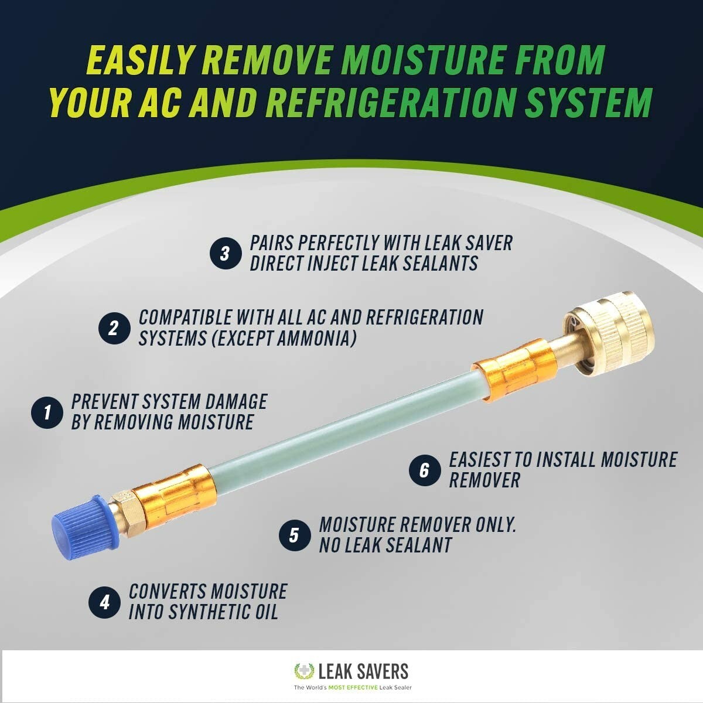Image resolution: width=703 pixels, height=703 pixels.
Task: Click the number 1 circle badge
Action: click(47, 412)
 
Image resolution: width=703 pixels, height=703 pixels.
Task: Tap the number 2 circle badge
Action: click(114, 328)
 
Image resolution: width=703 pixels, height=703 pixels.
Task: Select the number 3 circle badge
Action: click(226, 254)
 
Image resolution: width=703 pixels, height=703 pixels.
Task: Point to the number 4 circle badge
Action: click(104, 602)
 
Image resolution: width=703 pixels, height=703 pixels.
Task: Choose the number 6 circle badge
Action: click(424, 470)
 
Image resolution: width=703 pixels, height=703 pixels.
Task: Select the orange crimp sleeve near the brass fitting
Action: click(516, 368)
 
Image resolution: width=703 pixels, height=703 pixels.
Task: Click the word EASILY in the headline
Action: click(141, 60)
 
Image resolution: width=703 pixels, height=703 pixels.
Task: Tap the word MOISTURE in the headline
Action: click(423, 60)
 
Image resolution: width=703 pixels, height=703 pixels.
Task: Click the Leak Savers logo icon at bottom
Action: click(304, 671)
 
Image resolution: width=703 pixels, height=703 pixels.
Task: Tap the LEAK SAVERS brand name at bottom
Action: click(363, 671)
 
